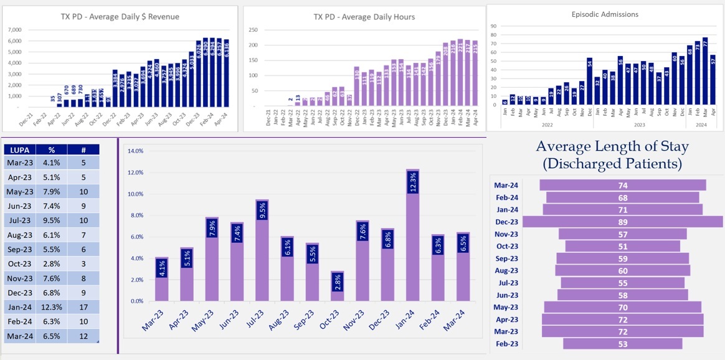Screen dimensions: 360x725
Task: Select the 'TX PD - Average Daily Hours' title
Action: pyautogui.click(x=364, y=17)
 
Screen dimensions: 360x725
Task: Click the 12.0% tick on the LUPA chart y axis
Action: pyautogui.click(x=135, y=173)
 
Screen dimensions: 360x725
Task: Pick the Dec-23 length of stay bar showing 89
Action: pyautogui.click(x=622, y=222)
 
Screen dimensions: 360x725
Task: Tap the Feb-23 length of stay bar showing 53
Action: pyautogui.click(x=622, y=343)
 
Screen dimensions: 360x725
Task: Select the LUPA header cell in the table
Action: pyautogui.click(x=19, y=150)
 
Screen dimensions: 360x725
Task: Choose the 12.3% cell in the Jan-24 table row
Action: pyautogui.click(x=52, y=307)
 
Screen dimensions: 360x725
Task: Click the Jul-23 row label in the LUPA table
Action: pyautogui.click(x=19, y=220)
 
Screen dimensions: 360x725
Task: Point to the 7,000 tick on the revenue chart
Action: pyautogui.click(x=16, y=30)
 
